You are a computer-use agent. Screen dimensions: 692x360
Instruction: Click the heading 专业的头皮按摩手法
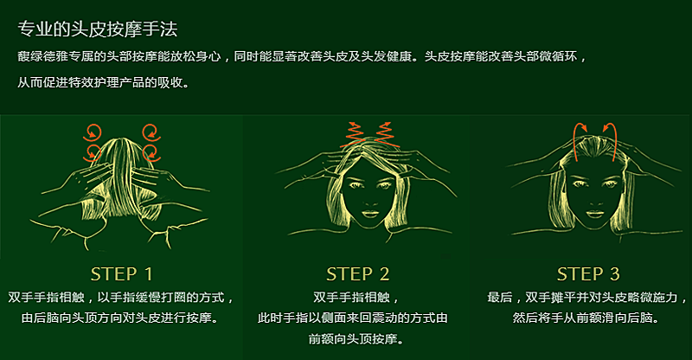click(98, 29)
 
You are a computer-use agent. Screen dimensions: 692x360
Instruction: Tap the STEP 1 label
click(122, 274)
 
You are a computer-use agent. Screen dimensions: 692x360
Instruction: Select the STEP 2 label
click(358, 274)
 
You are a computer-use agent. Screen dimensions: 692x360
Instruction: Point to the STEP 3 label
click(588, 274)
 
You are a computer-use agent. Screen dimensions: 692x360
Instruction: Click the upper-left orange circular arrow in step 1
click(93, 132)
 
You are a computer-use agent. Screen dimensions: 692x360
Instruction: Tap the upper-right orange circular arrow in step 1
click(151, 132)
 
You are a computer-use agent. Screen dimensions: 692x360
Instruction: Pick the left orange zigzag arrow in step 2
click(354, 134)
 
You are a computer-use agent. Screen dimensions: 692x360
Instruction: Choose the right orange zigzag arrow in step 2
click(385, 134)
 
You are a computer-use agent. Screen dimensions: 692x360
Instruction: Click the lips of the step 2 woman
click(370, 215)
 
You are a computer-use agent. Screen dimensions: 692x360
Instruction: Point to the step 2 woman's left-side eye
click(355, 184)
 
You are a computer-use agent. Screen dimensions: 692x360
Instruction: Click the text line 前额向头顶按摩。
click(356, 338)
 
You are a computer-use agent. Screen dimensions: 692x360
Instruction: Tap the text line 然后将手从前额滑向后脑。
click(586, 318)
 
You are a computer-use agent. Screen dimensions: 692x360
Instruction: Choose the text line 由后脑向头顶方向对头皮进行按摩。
click(119, 318)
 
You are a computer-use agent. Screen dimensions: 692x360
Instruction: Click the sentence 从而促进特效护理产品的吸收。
click(103, 82)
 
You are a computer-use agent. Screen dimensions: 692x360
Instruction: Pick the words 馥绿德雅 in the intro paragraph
click(42, 56)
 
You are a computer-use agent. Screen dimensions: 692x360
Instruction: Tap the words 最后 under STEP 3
click(500, 298)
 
